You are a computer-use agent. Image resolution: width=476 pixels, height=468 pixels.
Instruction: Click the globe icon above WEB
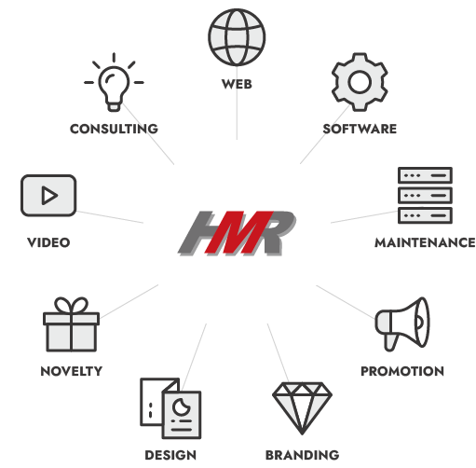[237, 37]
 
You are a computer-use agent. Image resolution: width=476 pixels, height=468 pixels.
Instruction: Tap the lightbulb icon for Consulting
[114, 82]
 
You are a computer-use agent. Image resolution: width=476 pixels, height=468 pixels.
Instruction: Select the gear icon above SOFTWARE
[360, 82]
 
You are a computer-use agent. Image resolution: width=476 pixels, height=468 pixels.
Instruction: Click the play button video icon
[48, 196]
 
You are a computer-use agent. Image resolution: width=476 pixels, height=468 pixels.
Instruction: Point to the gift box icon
[71, 324]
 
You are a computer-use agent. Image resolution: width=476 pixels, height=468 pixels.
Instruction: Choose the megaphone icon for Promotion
[402, 324]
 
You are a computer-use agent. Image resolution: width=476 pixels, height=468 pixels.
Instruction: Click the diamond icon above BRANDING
[302, 408]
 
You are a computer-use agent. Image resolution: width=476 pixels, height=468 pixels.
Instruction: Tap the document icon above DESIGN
[170, 408]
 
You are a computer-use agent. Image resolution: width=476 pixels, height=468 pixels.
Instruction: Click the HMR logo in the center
[237, 233]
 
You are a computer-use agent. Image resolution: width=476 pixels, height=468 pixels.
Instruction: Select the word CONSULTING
[114, 129]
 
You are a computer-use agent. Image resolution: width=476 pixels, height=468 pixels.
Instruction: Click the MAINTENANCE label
[425, 242]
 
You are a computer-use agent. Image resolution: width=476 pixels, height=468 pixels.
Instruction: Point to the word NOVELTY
[72, 371]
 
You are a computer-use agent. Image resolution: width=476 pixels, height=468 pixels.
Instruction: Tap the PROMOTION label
[402, 371]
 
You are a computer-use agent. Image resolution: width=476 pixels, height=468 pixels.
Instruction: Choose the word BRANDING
[302, 455]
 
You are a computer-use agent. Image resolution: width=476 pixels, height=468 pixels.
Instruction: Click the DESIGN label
[170, 455]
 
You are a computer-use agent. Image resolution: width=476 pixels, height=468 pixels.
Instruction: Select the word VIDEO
[48, 242]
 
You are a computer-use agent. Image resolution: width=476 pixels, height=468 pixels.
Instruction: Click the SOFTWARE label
[360, 129]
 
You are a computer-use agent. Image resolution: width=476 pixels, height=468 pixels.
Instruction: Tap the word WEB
[237, 84]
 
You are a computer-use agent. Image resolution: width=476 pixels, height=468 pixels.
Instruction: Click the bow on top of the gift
[71, 305]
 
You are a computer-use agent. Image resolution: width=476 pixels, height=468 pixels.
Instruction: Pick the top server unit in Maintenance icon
[425, 175]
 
